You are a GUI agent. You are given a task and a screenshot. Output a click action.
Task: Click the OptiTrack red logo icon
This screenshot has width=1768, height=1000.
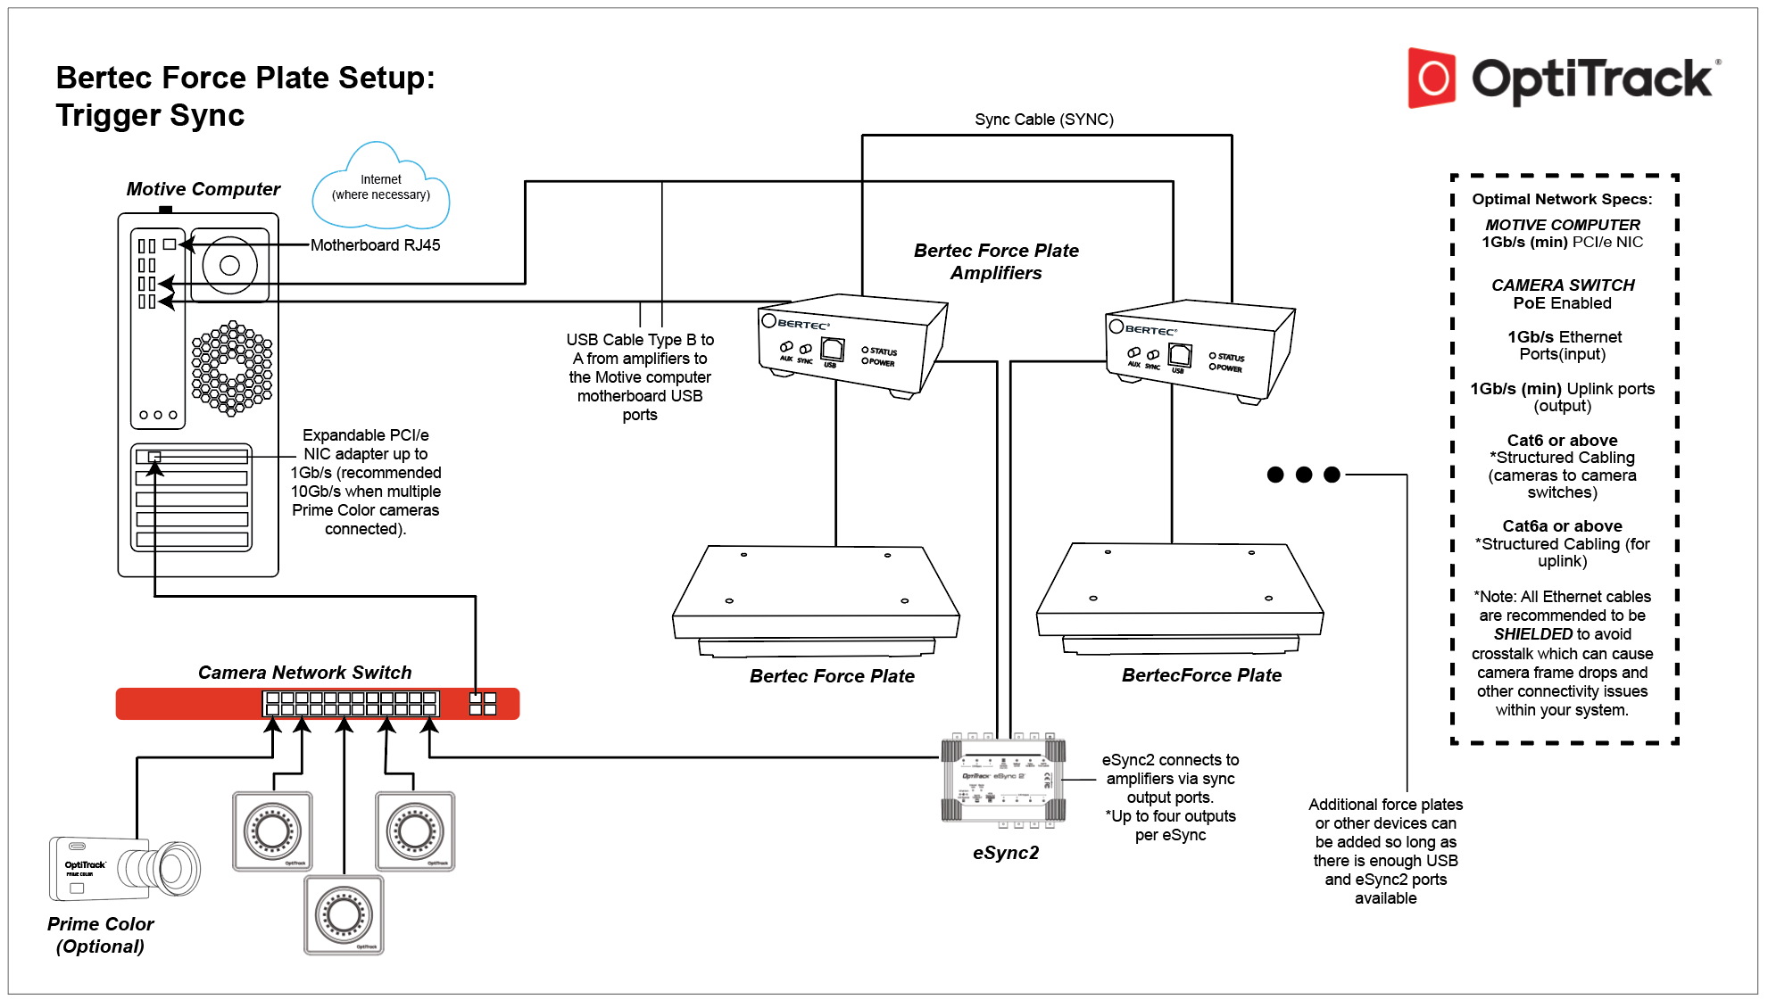pos(1432,79)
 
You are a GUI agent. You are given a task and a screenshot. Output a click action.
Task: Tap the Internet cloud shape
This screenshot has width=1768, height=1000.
pos(381,187)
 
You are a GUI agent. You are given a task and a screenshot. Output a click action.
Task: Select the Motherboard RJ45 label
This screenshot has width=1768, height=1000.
pos(375,245)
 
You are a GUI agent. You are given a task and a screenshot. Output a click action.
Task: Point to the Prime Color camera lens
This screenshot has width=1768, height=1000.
pos(173,868)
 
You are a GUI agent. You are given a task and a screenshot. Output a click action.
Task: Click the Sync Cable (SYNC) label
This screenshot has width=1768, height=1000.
pos(1043,120)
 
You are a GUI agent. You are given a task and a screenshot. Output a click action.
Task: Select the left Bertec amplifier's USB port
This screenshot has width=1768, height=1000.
pos(832,350)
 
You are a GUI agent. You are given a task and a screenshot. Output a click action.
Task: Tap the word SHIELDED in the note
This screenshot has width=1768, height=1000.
pos(1532,634)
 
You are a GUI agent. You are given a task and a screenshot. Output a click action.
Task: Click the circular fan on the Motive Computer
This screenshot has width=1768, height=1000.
pos(229,265)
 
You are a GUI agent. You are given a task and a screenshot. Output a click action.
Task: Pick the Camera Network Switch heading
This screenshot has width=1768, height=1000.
pos(304,673)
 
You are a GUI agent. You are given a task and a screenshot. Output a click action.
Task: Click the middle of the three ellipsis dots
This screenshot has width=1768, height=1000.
pos(1304,475)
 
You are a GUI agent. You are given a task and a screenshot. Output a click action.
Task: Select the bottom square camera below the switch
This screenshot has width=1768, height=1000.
pos(344,914)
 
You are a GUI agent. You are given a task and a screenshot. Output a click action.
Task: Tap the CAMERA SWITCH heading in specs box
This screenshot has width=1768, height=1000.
pos(1562,285)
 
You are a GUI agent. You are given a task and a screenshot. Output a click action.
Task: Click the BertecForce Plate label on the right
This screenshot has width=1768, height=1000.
pos(1201,675)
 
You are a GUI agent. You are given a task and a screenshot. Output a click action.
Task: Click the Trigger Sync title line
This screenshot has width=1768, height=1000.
pos(150,116)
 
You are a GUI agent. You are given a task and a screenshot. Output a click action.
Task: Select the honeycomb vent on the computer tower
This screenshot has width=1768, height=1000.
pos(232,368)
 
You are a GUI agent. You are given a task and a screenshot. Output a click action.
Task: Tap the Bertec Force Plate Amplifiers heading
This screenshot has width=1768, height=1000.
pos(996,261)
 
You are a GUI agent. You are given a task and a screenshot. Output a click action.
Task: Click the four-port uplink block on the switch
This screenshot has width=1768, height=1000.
pos(483,704)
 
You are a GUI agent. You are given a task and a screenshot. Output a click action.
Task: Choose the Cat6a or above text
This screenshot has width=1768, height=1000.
pos(1561,526)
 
